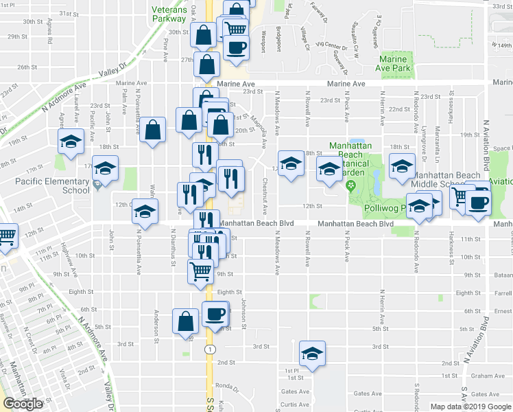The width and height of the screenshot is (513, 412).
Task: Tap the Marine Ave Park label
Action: click(x=393, y=64)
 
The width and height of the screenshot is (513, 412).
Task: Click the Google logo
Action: click(x=23, y=404)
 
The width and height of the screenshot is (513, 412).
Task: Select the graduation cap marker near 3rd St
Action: click(x=312, y=354)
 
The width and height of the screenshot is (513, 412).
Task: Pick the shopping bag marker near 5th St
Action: click(x=187, y=321)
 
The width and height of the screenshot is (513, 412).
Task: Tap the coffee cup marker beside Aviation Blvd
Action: click(x=479, y=203)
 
